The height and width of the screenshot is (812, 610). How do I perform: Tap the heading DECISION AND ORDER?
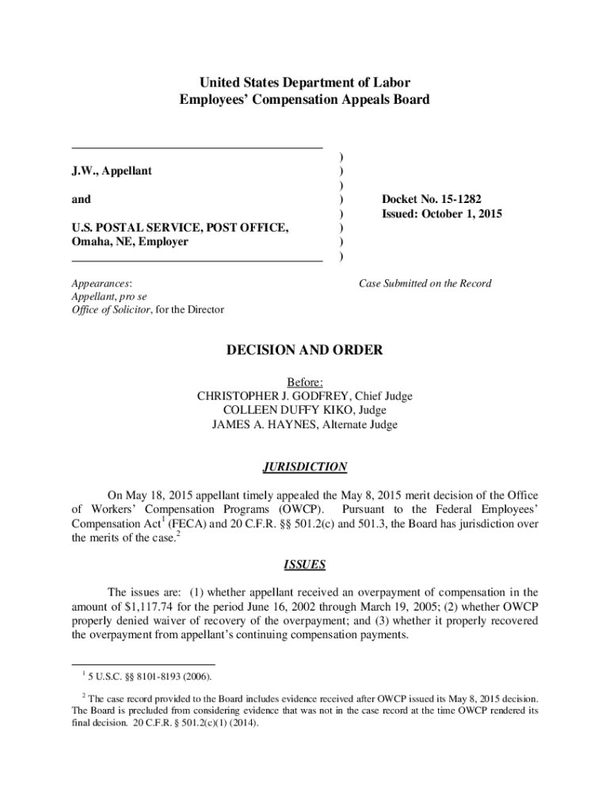point(304,350)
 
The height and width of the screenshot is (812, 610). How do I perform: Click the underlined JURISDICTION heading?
point(304,467)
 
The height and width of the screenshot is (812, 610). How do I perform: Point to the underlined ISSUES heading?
point(304,565)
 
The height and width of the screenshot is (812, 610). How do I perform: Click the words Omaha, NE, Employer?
point(130,242)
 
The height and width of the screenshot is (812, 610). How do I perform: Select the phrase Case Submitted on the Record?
point(425,283)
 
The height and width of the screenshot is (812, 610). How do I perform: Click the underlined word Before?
point(304,382)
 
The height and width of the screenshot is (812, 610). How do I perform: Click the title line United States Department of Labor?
point(304,82)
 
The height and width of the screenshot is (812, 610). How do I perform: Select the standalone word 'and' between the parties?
point(81,200)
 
